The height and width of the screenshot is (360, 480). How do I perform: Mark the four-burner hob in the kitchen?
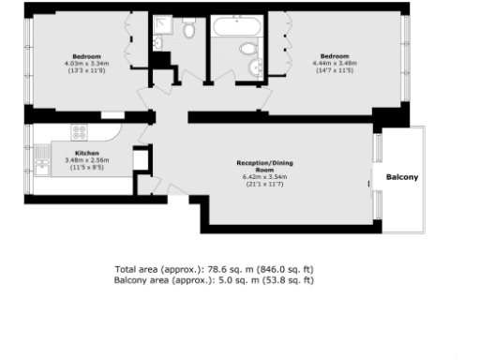coord(80,132)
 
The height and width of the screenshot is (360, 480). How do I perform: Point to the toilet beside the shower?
coord(189,31)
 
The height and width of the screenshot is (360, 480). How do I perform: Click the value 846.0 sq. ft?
coord(268,268)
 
